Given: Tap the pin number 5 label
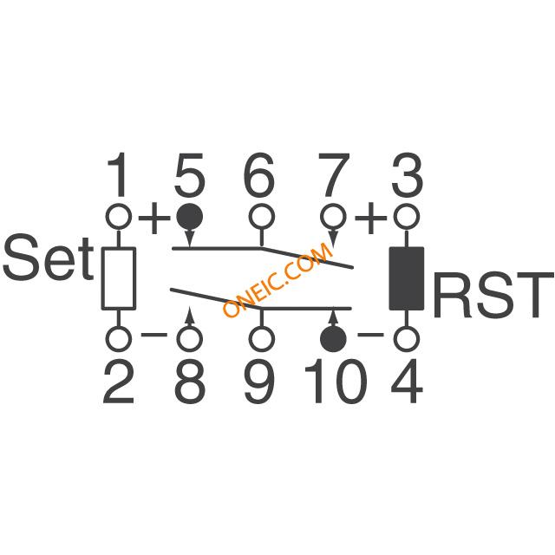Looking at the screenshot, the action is point(189,175).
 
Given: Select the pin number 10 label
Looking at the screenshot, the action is point(335,381).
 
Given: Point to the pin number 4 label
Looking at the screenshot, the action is point(407,381).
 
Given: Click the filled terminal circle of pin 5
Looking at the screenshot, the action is point(190,216).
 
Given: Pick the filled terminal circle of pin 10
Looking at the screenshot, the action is point(333,339).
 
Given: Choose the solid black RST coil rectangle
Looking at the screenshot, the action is point(407,278).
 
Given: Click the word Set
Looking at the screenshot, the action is point(49,258).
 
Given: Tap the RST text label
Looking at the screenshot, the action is point(493,295).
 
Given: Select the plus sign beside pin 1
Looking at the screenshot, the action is point(154,218).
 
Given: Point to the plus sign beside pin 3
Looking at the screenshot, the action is point(370,218).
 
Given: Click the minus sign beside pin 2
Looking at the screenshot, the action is point(154,335).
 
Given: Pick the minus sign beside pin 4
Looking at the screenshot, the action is point(370,335).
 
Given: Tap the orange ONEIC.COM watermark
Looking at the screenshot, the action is point(278,279).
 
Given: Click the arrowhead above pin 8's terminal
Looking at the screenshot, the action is point(190,315).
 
